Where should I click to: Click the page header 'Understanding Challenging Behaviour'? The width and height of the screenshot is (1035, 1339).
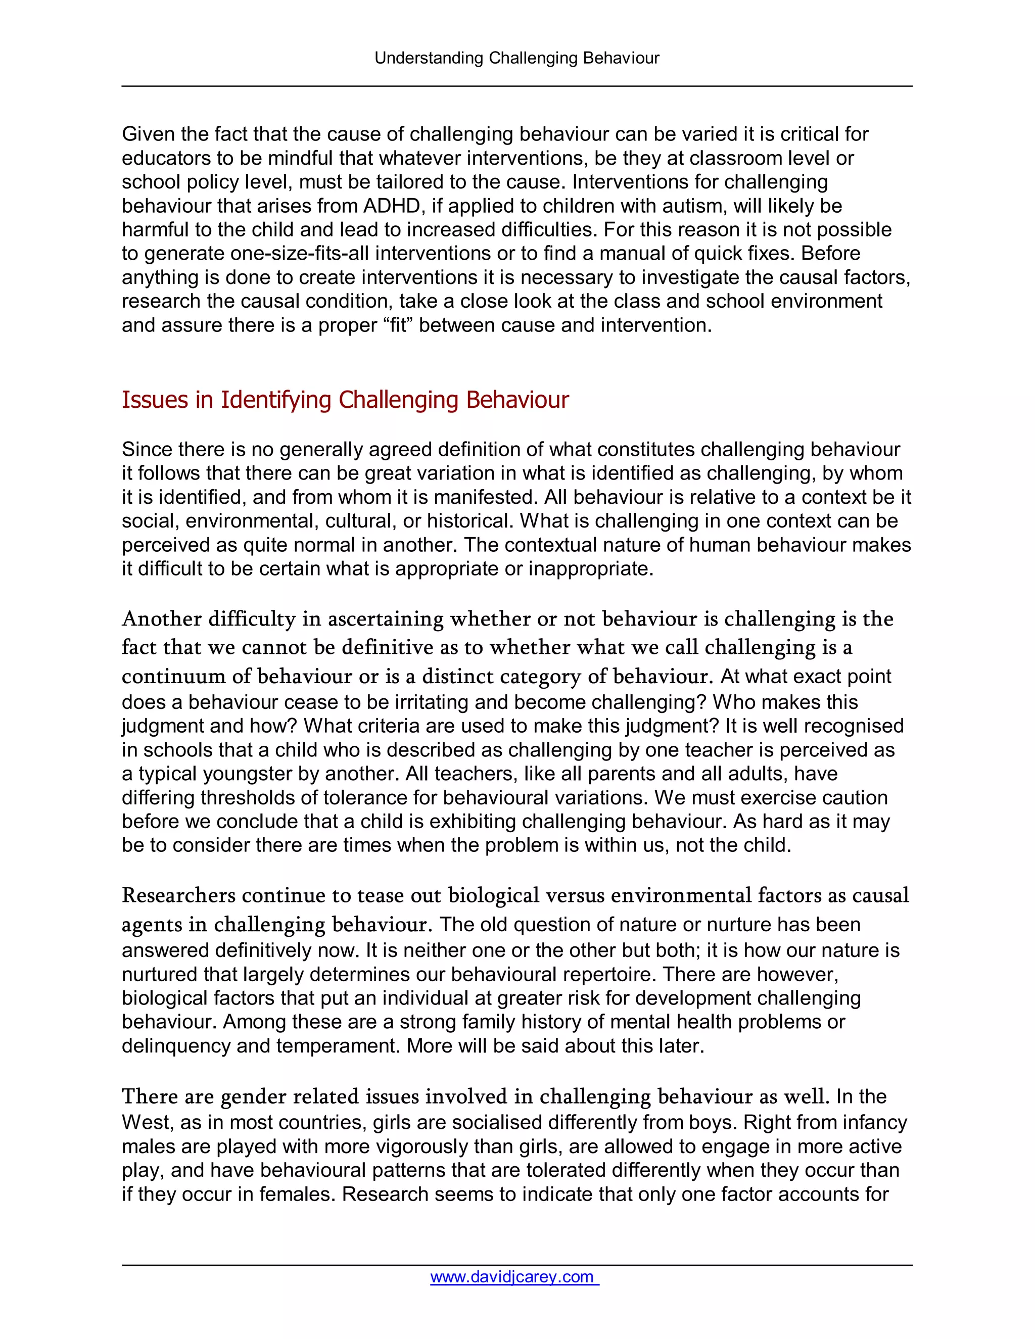pos(517,58)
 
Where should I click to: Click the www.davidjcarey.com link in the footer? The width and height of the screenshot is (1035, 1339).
pos(514,1276)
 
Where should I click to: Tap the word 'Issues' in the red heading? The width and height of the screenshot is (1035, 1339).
pos(155,400)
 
